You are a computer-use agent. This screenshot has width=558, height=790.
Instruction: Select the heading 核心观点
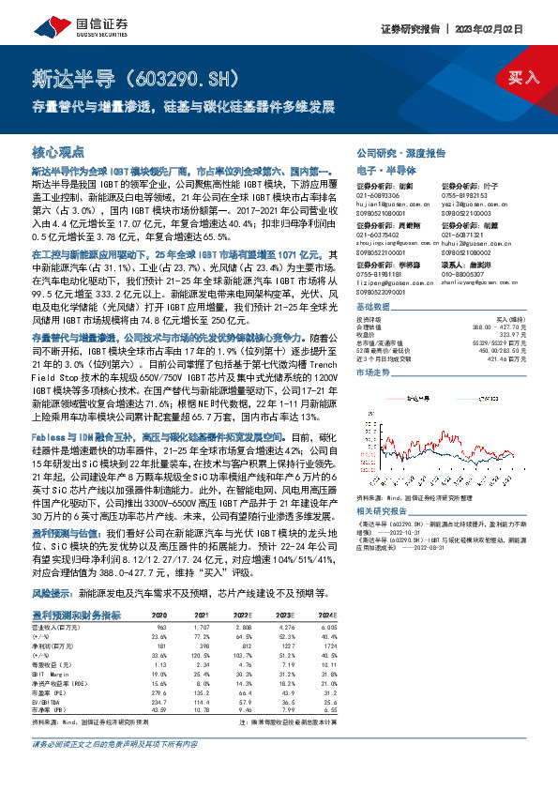(58, 151)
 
